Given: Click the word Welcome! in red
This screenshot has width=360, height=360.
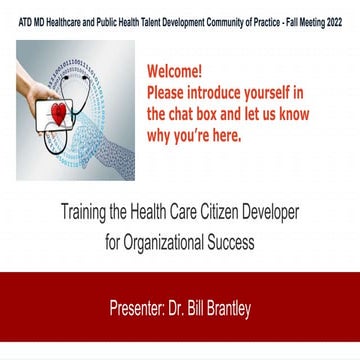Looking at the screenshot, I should [x=177, y=73].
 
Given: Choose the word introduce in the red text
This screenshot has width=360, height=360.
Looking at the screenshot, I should [x=215, y=94].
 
